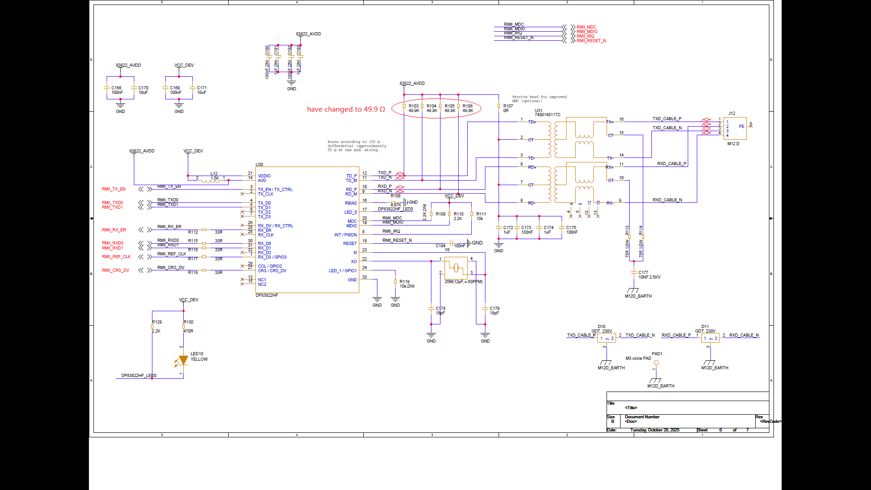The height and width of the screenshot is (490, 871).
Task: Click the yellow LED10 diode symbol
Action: pyautogui.click(x=183, y=360)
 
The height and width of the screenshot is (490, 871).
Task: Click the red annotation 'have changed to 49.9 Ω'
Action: pyautogui.click(x=346, y=109)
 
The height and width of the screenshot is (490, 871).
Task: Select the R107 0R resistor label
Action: pyautogui.click(x=508, y=108)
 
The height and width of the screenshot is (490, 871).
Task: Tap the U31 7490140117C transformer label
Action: pyautogui.click(x=547, y=113)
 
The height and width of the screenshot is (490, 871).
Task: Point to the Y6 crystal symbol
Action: pyautogui.click(x=456, y=268)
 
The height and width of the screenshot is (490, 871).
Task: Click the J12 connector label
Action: pyautogui.click(x=732, y=113)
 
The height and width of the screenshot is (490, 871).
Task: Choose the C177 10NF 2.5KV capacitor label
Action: pyautogui.click(x=649, y=275)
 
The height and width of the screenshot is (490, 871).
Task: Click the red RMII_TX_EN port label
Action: pyautogui.click(x=113, y=189)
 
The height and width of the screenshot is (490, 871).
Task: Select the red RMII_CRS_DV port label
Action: pyautogui.click(x=115, y=270)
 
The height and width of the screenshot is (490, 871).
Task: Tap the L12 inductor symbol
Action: pyautogui.click(x=210, y=180)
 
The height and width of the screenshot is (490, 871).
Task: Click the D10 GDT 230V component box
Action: pyautogui.click(x=607, y=338)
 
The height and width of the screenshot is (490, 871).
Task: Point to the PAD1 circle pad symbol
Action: pyautogui.click(x=656, y=363)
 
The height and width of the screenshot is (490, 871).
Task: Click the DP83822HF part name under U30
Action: pyautogui.click(x=267, y=295)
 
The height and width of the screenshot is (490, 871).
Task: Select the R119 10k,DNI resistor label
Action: pyautogui.click(x=406, y=284)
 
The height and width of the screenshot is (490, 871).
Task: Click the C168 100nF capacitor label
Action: pyautogui.click(x=117, y=90)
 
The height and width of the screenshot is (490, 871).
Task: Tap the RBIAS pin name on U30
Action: pyautogui.click(x=351, y=203)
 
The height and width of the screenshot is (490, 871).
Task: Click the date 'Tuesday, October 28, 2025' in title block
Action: pyautogui.click(x=655, y=430)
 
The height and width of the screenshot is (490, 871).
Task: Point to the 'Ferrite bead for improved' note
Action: pyautogui.click(x=539, y=97)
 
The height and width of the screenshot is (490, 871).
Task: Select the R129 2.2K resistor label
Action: pyautogui.click(x=157, y=326)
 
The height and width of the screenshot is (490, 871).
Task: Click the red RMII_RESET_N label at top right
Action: pyautogui.click(x=591, y=41)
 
